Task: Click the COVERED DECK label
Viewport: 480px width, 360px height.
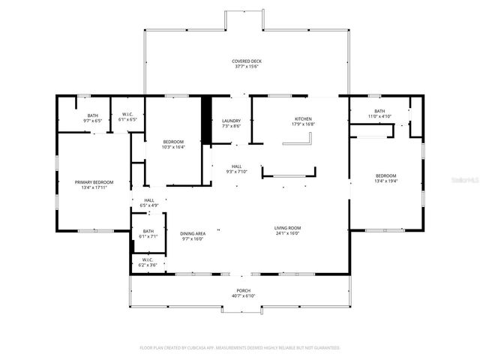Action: pos(246,61)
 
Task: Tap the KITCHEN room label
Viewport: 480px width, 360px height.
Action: pos(303,119)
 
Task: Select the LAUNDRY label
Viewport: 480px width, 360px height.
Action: pos(231,121)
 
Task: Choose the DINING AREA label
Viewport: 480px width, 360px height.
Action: pos(193,234)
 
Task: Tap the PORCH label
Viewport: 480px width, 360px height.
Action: pos(243,290)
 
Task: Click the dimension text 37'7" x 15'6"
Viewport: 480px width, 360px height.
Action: pos(246,67)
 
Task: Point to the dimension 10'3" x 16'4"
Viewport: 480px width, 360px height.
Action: pos(173,147)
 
